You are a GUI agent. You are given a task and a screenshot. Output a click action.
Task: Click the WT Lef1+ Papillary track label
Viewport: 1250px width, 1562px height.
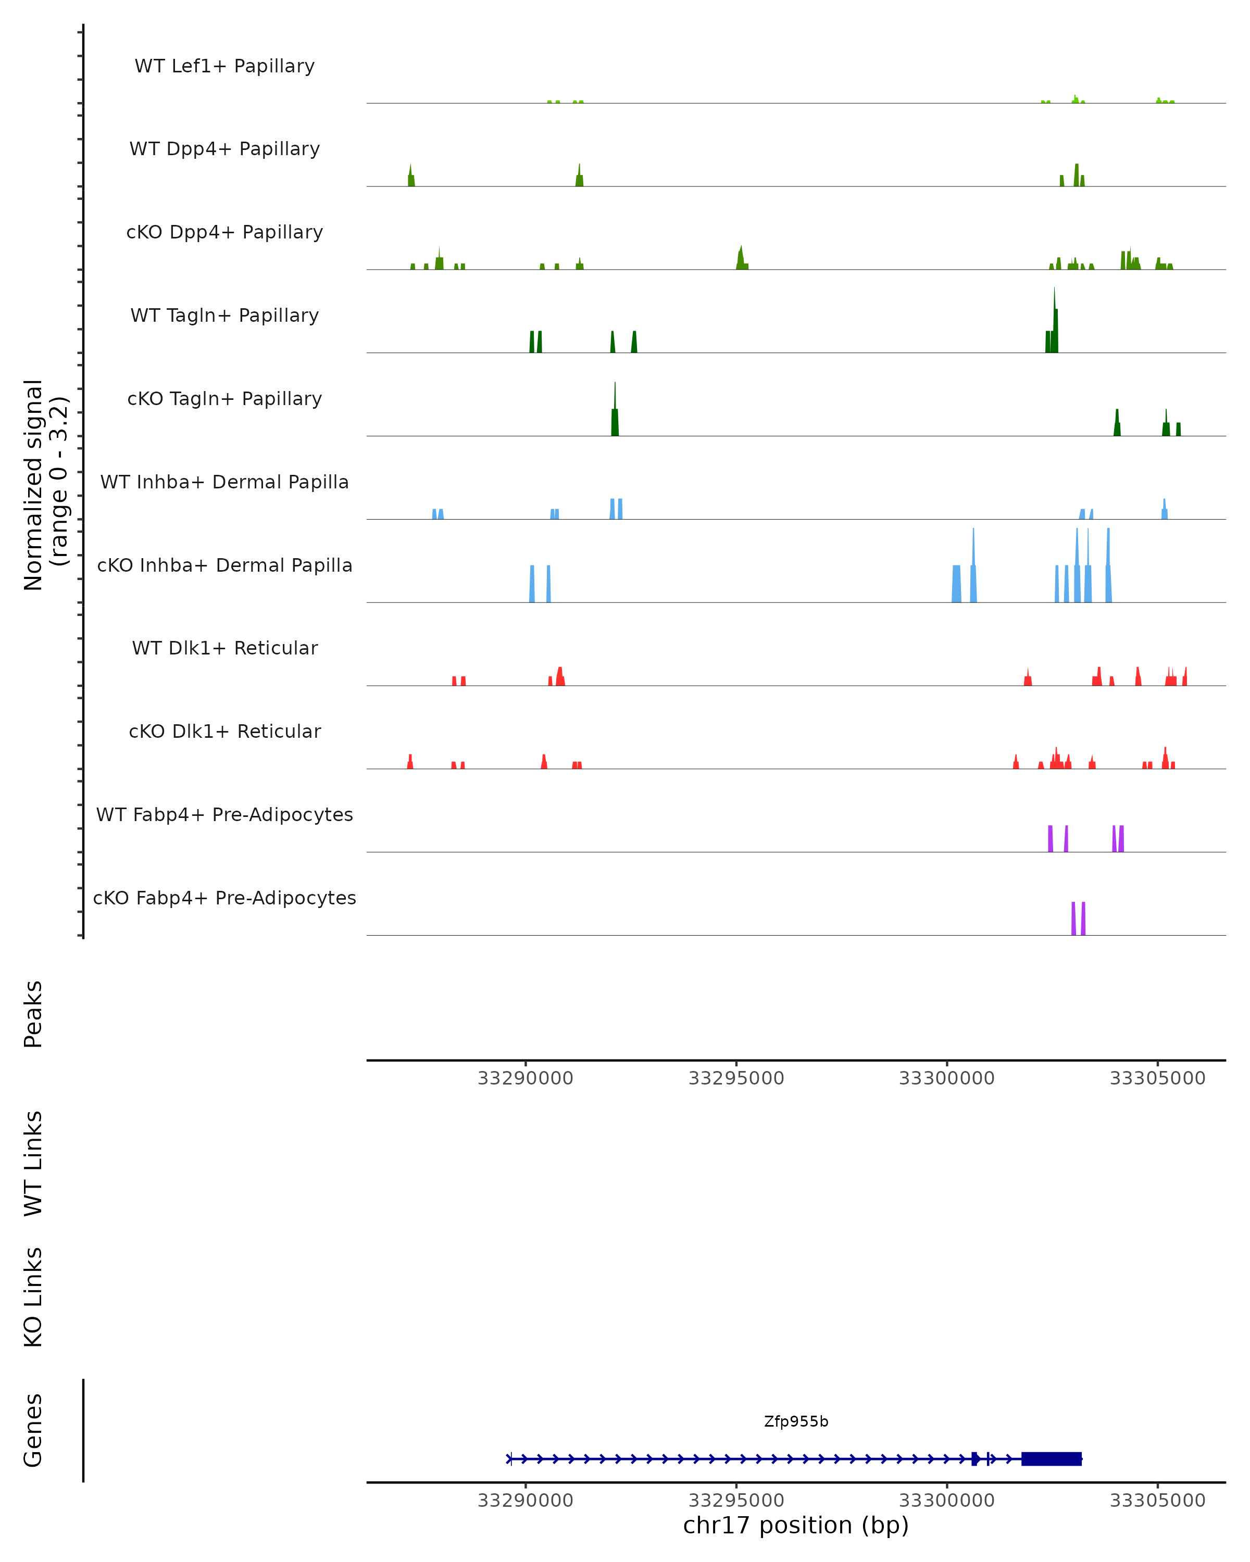click(224, 66)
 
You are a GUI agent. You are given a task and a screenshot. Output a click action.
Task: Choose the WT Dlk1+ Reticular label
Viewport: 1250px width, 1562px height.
click(224, 648)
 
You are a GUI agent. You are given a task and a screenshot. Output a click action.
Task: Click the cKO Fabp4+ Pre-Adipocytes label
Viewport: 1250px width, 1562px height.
click(224, 898)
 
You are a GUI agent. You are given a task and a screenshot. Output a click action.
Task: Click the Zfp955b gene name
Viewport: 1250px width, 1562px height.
click(796, 1421)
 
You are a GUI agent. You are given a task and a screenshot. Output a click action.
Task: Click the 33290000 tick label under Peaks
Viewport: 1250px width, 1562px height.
click(526, 1078)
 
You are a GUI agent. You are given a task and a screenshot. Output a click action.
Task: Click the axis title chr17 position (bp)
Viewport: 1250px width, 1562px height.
click(796, 1525)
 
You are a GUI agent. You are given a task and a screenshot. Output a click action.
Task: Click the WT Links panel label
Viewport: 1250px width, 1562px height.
click(33, 1162)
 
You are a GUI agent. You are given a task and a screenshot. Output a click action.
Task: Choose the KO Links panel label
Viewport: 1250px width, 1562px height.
click(33, 1297)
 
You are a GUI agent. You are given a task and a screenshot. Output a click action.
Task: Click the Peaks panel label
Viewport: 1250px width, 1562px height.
click(33, 1014)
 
